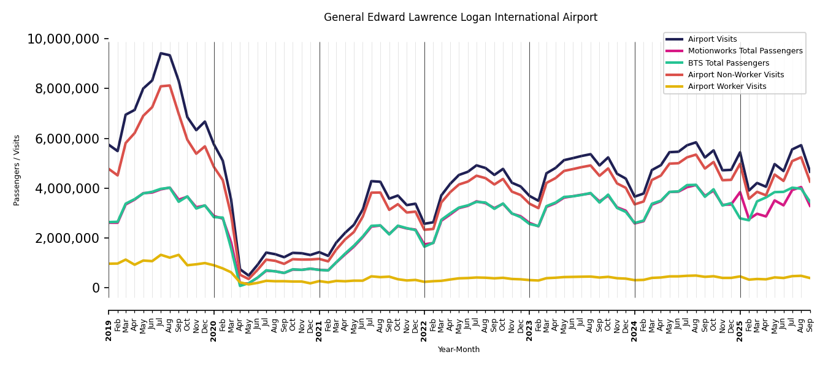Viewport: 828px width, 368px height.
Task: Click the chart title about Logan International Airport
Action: tap(460, 18)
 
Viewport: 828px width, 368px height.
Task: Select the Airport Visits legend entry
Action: tap(712, 39)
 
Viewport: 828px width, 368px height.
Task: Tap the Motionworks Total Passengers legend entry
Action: tap(745, 51)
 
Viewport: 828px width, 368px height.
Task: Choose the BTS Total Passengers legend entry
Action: tap(728, 63)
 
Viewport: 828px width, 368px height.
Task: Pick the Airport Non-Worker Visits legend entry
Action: tap(735, 75)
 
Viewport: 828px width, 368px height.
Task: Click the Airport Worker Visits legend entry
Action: tap(727, 86)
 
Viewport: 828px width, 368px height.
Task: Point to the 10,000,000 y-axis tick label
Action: tap(63, 39)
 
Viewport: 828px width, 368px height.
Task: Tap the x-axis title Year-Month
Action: tap(459, 350)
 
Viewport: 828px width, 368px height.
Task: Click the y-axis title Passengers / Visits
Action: tap(17, 170)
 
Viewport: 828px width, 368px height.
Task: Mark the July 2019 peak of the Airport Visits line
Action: tap(161, 53)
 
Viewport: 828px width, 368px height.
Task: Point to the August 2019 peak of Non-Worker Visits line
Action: tap(170, 85)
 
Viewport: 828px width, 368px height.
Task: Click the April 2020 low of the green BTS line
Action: tap(240, 285)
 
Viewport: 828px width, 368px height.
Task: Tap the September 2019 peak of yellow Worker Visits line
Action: tap(178, 255)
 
